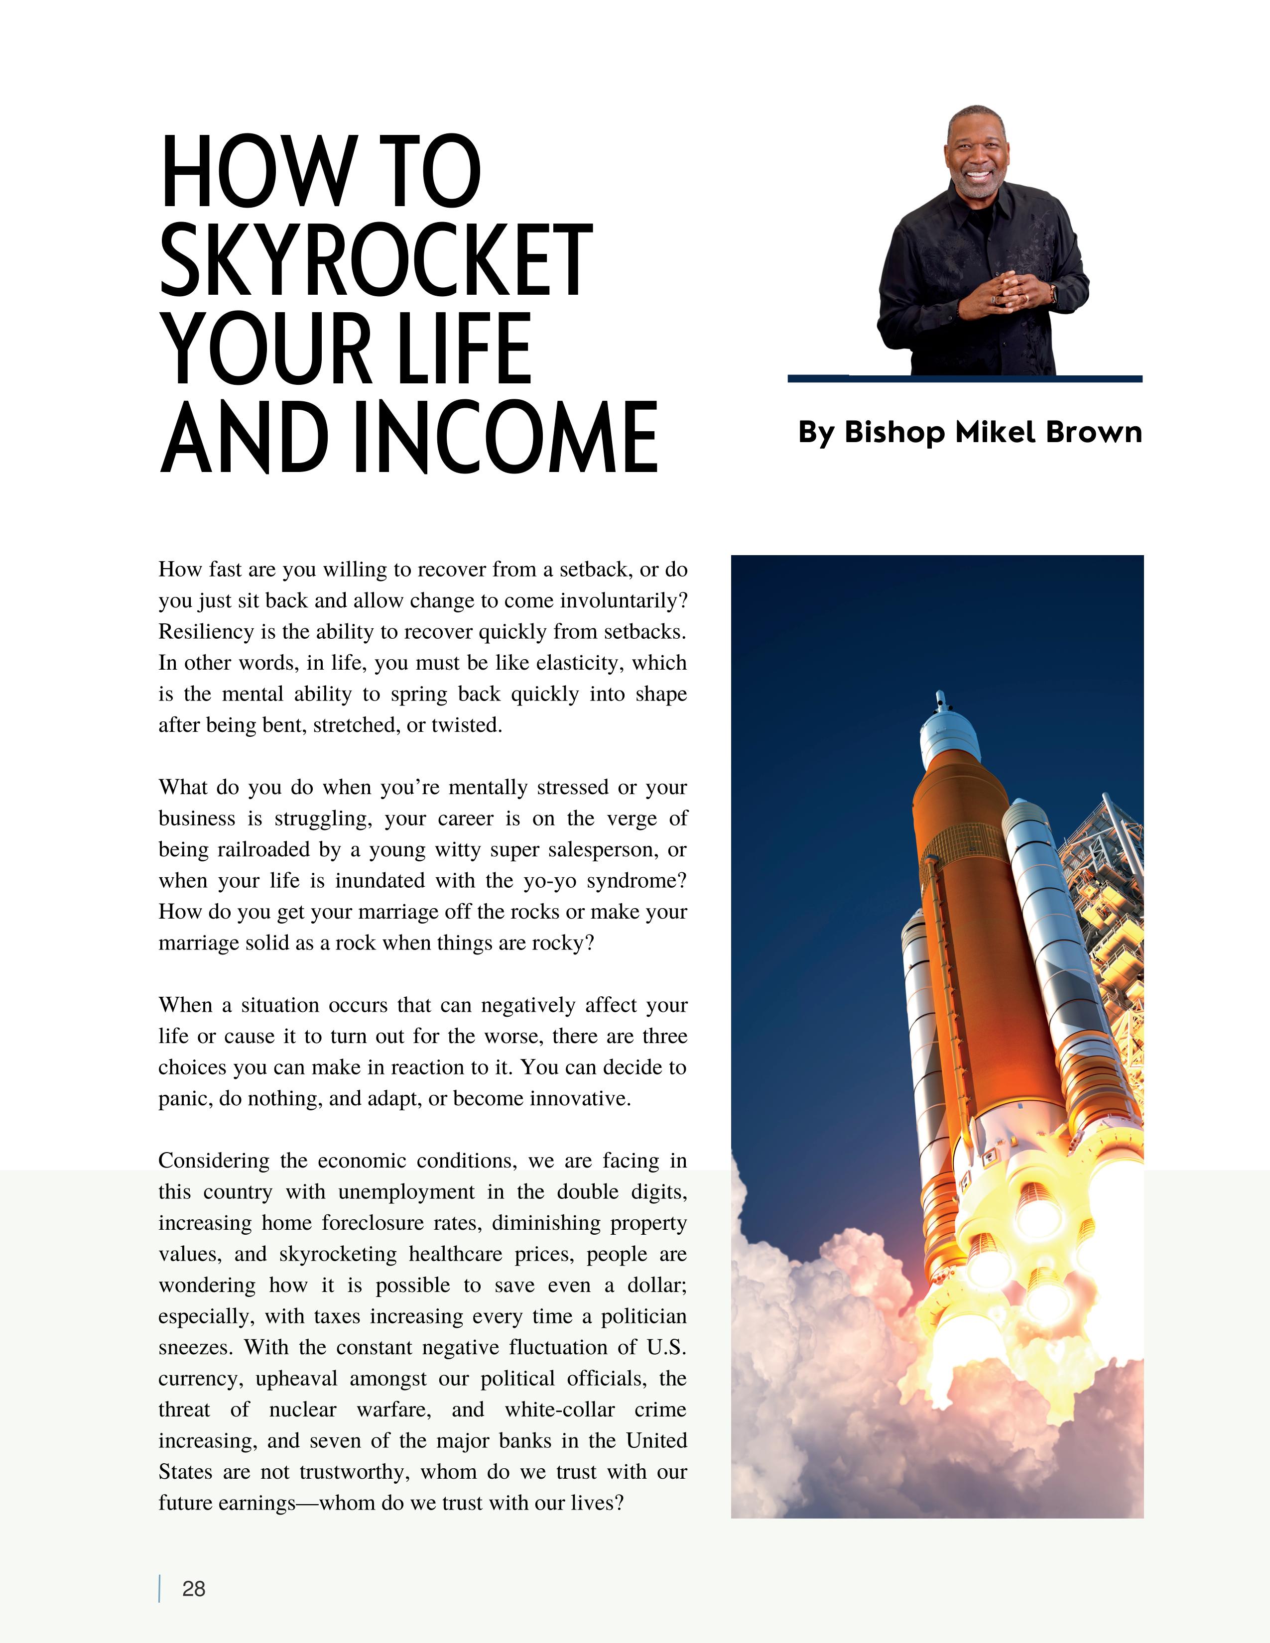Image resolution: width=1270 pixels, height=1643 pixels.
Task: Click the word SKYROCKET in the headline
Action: point(376,259)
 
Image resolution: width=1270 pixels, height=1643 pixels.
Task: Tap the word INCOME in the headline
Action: point(505,438)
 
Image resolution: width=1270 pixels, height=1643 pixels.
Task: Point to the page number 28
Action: point(193,1588)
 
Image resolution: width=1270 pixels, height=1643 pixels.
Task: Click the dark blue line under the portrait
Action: point(965,378)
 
